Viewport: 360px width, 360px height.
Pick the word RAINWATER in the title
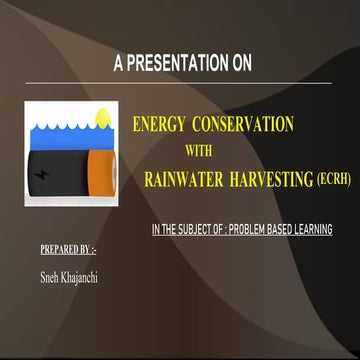click(181, 180)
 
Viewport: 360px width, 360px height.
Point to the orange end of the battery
click(102, 171)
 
